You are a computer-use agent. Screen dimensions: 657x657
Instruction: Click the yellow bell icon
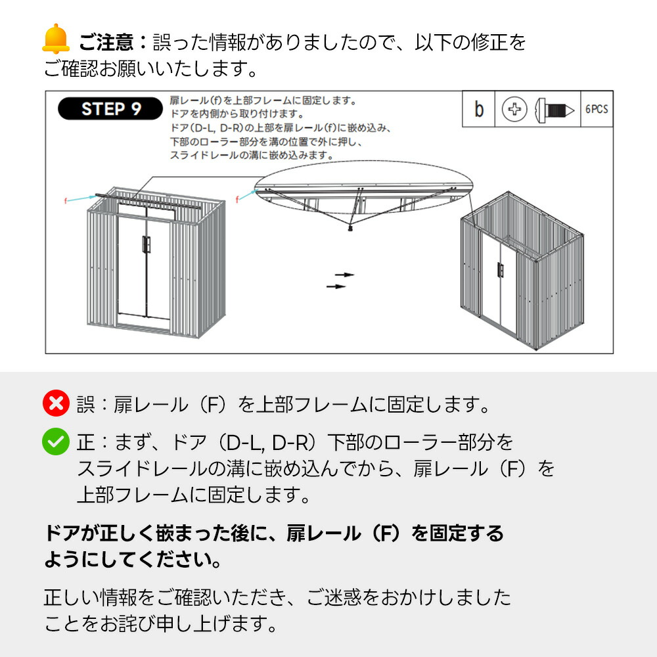[x=56, y=39]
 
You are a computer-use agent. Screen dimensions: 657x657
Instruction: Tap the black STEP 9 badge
[x=110, y=109]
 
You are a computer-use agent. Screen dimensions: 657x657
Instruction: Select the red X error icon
[x=56, y=403]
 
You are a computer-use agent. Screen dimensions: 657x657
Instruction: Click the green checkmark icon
[x=56, y=442]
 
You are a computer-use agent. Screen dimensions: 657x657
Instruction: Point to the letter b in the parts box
[x=479, y=109]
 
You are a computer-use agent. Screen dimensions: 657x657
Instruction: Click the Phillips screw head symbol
[x=514, y=109]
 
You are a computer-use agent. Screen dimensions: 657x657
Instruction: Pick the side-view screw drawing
[x=555, y=110]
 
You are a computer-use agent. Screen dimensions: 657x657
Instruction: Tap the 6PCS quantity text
[x=597, y=109]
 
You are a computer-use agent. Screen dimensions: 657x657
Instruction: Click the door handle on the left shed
[x=146, y=244]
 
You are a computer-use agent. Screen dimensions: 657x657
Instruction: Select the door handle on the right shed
[x=500, y=270]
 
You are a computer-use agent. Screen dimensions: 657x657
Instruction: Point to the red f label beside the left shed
[x=65, y=201]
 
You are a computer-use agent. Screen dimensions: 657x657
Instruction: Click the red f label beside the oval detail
[x=237, y=200]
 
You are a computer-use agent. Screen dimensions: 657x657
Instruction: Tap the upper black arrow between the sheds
[x=344, y=275]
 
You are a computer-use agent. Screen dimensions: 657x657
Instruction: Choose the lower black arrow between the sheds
[x=336, y=286]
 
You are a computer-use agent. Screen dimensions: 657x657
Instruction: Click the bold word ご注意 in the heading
[x=106, y=42]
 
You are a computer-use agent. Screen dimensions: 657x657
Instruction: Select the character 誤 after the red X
[x=85, y=405]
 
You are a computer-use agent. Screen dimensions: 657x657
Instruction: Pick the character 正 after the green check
[x=85, y=443]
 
